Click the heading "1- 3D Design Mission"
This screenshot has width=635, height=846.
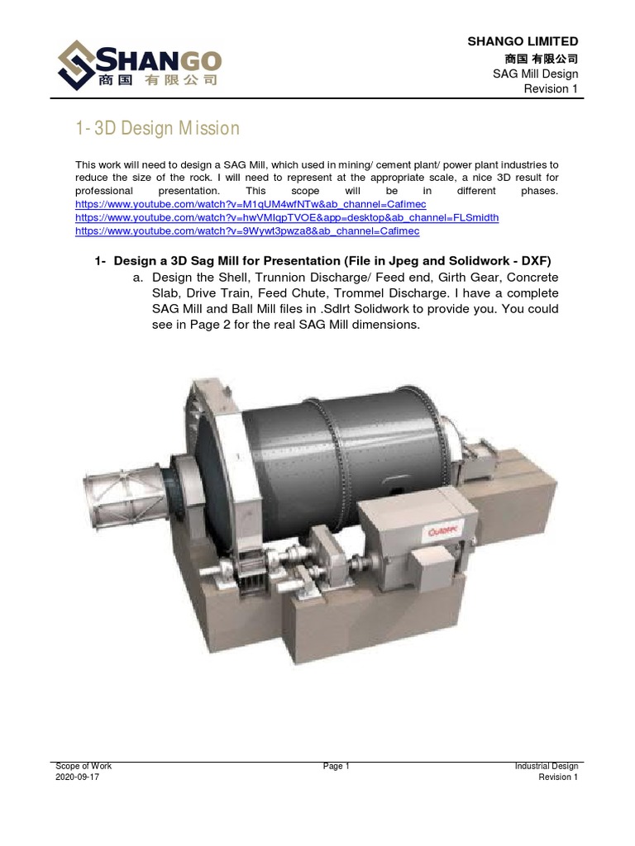tap(157, 128)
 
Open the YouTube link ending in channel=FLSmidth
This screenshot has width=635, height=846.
tap(287, 217)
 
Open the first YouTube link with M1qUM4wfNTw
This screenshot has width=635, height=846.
tap(251, 203)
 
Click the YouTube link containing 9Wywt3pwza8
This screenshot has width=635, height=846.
tap(247, 231)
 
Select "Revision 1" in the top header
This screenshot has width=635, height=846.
tap(551, 89)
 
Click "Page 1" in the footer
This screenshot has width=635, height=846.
tap(337, 767)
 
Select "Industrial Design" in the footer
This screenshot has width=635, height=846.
tap(546, 767)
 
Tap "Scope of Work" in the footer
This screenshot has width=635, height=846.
tap(84, 767)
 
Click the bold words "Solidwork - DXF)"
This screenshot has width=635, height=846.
tap(500, 261)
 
